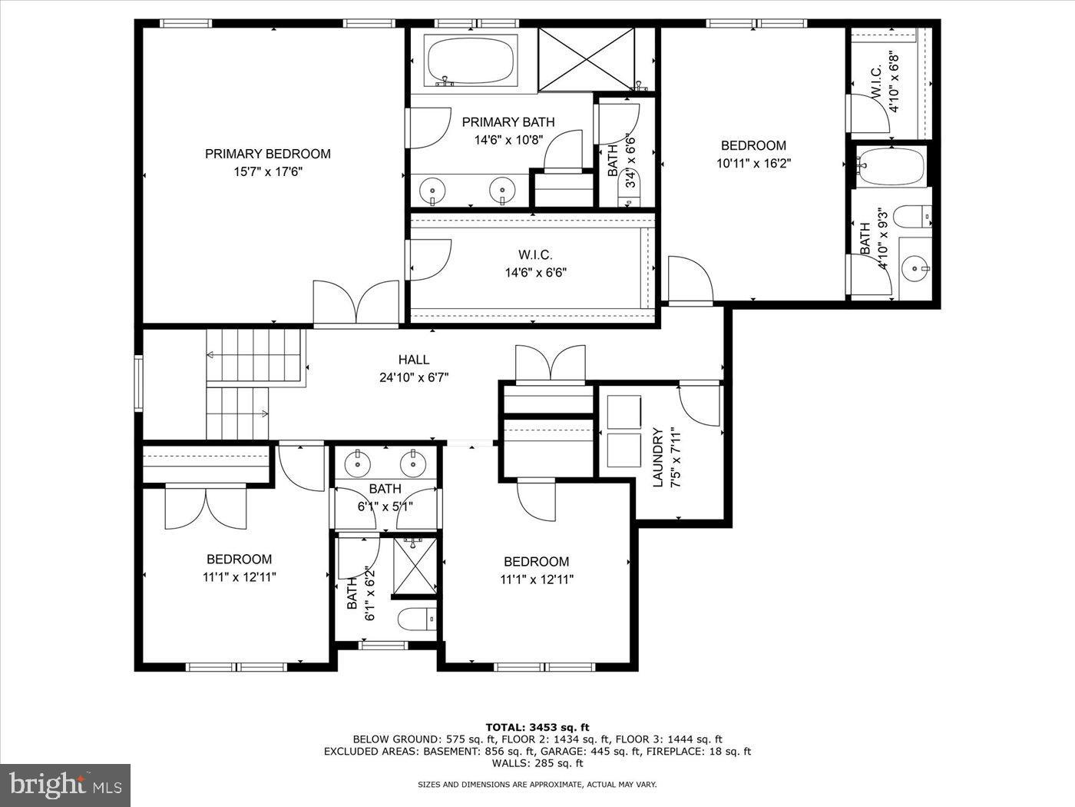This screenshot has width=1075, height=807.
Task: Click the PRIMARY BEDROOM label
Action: [x=267, y=154]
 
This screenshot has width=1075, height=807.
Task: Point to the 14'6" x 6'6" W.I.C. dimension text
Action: [x=535, y=272]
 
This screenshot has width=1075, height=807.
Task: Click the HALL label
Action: [x=413, y=360]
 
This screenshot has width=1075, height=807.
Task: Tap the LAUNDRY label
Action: [x=657, y=457]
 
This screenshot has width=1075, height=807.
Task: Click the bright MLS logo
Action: [x=64, y=785]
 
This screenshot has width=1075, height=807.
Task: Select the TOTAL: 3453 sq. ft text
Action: [x=537, y=727]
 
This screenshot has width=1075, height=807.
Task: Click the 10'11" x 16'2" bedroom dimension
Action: [x=753, y=163]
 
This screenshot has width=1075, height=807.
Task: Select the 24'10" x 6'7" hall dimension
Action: [x=413, y=377]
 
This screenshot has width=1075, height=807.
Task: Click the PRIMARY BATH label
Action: [x=508, y=122]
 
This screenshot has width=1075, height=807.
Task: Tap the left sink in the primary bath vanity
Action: [x=434, y=189]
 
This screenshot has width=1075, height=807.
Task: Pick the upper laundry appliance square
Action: [x=623, y=411]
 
